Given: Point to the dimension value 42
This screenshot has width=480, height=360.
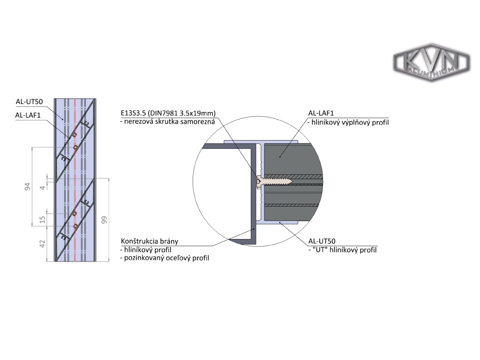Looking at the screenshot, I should click(43, 244).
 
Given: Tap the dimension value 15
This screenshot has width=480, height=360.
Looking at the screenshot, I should click(43, 219).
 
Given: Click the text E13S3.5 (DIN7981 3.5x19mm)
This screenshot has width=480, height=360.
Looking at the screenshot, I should click(168, 113).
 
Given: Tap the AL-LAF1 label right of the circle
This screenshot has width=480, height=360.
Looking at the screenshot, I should click(321, 113).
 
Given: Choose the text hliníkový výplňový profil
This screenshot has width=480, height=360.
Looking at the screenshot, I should click(349, 122).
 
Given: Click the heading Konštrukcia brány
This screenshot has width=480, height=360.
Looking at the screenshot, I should click(149, 241).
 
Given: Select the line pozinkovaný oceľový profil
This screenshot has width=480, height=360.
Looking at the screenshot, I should click(165, 258).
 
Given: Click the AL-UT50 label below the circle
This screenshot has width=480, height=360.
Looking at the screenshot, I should click(322, 241).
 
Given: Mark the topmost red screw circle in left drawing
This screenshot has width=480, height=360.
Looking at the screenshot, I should click(75, 135).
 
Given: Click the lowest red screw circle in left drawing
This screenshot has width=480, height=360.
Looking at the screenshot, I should click(75, 226).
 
